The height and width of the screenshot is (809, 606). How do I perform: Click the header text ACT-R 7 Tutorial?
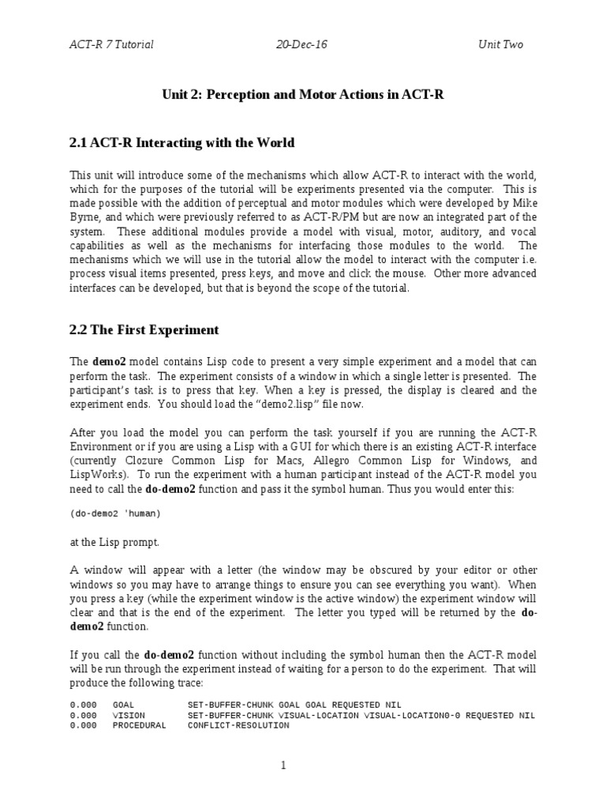[x=111, y=44]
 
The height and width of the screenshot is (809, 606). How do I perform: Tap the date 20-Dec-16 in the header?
[x=301, y=44]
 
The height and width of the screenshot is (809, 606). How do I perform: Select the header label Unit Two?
[x=500, y=44]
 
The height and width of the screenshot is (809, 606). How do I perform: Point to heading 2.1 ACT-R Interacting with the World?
[x=182, y=143]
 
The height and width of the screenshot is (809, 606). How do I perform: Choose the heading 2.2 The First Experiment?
[x=144, y=329]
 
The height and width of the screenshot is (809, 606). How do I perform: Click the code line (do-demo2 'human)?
[x=115, y=514]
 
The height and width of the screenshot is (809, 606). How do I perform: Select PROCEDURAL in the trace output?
[x=140, y=725]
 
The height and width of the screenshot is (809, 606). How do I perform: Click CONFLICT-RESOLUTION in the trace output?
[x=238, y=725]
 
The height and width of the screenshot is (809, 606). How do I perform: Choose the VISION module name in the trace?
[x=129, y=715]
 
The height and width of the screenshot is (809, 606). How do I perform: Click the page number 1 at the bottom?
[x=303, y=765]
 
